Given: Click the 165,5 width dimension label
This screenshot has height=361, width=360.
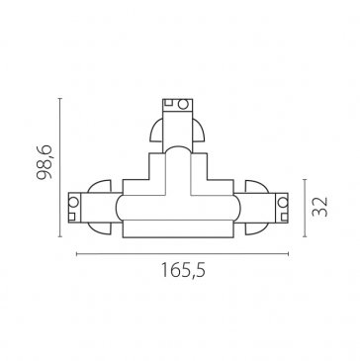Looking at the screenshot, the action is pos(183,270).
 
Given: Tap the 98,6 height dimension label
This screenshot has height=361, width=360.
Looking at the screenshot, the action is pos(45,162).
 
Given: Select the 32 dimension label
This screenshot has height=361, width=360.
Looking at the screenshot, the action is pos(320,207).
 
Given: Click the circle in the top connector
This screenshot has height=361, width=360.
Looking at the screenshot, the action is pos(183,104).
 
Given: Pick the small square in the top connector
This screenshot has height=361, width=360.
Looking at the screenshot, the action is pos(168,102).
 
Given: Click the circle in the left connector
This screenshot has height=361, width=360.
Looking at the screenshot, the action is pos(73,202).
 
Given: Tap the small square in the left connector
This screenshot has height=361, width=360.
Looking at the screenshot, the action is pos(72,217).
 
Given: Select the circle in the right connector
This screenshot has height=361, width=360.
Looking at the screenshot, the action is pos(283,202).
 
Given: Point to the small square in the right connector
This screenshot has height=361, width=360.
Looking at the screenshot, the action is pos(284,217).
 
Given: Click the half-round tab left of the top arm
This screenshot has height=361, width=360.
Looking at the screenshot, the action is pos(156,131).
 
